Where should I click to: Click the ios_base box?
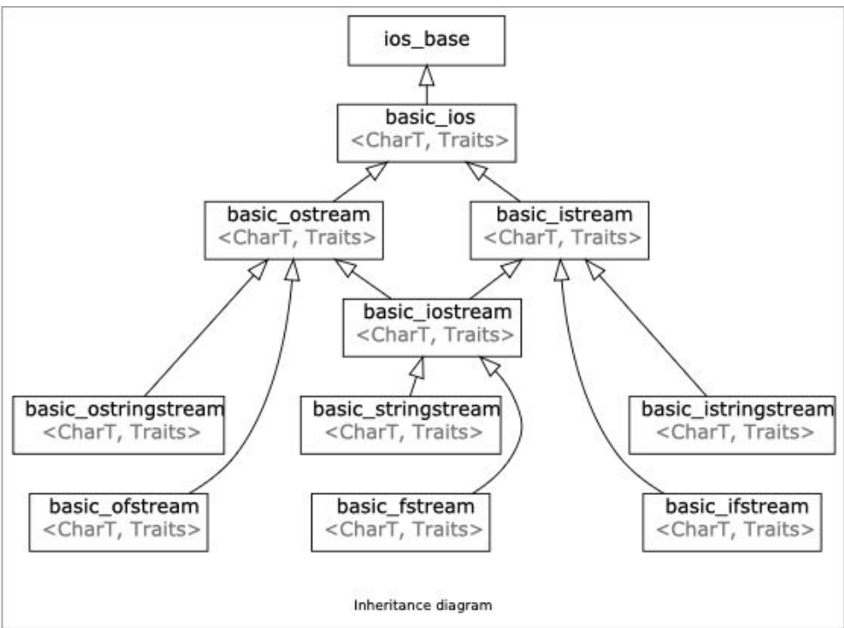click(426, 41)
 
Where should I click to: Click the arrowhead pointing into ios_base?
click(426, 75)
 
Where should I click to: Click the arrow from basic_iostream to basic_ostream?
click(366, 280)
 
